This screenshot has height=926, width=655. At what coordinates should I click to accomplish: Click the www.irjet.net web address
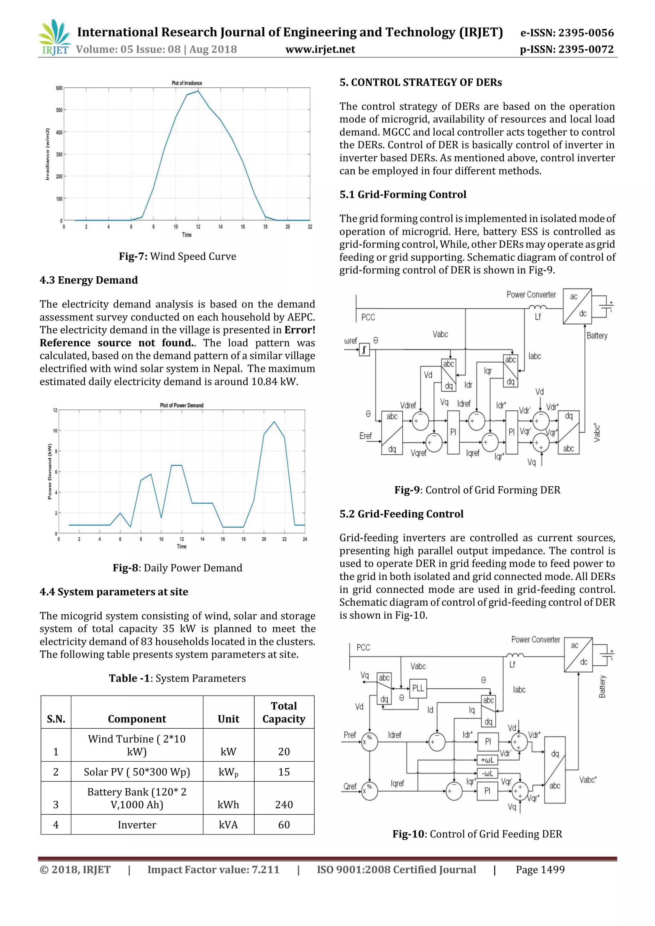click(320, 49)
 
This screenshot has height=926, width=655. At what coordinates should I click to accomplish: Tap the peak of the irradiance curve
click(198, 91)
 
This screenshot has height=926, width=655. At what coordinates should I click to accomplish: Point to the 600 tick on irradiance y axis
click(59, 88)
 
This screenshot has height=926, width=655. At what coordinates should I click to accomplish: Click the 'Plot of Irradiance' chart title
click(187, 83)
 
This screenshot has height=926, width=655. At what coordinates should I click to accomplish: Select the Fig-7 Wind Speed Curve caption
click(178, 256)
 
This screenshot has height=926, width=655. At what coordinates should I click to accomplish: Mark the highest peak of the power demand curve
click(274, 422)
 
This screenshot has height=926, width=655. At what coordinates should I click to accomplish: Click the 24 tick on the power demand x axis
click(305, 539)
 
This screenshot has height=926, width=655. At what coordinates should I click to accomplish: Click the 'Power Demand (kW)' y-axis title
click(50, 471)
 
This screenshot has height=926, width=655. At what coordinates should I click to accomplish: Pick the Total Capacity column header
click(284, 712)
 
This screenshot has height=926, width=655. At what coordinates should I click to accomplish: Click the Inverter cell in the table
click(137, 825)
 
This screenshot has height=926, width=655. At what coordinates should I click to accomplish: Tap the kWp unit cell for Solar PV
click(228, 772)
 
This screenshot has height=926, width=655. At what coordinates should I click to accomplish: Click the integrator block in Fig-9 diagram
click(364, 350)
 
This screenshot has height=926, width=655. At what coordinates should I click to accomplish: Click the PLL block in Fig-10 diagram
click(418, 688)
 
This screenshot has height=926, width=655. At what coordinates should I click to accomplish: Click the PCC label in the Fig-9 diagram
click(368, 318)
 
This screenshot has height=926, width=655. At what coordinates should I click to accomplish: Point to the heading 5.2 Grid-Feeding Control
click(401, 514)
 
